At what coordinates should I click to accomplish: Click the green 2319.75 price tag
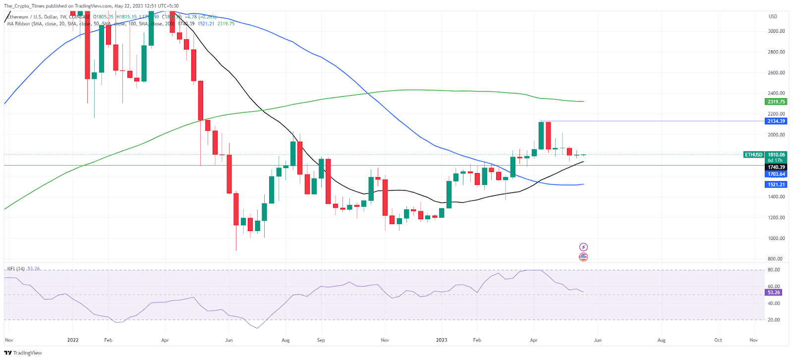tap(776, 102)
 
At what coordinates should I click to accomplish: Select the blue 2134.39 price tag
tap(776, 121)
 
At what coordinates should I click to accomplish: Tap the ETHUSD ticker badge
tap(754, 155)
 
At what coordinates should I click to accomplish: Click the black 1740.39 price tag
tap(776, 167)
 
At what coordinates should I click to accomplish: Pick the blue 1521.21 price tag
tap(776, 184)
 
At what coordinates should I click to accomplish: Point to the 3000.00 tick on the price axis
tap(776, 31)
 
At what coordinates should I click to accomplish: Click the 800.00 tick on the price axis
tap(775, 259)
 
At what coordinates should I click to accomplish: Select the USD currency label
tap(773, 16)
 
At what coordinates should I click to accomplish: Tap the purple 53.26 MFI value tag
tap(774, 293)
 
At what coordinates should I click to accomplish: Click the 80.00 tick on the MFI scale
tap(774, 270)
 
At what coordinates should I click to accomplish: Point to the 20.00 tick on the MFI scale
tap(774, 320)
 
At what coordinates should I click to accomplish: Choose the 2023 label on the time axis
tap(441, 340)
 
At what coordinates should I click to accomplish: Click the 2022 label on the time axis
tap(73, 340)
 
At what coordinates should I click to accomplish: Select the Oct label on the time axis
tap(718, 340)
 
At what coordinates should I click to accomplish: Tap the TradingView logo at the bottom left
tap(23, 353)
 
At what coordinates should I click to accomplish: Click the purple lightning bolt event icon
tap(583, 247)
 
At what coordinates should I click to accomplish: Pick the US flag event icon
tap(583, 257)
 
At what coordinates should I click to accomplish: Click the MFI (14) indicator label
tap(16, 269)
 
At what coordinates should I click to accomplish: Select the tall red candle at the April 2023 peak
tap(548, 135)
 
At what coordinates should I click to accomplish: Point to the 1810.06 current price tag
tap(776, 155)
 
